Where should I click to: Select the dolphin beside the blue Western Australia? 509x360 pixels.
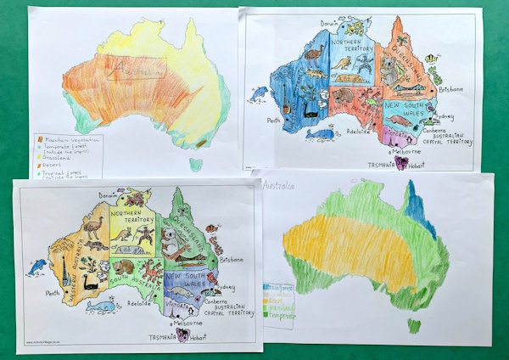[258, 93]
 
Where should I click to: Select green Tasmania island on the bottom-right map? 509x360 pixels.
[413, 324]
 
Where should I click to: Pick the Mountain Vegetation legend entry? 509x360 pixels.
[70, 138]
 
